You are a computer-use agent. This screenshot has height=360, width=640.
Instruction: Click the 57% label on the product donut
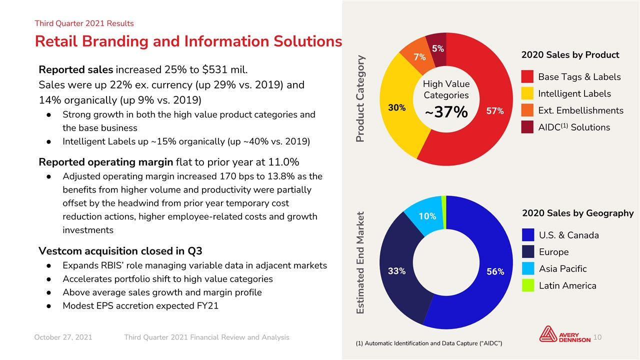[x=495, y=111]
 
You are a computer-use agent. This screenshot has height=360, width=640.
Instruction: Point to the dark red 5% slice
[x=437, y=48]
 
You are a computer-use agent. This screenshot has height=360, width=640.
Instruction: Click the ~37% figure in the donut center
[x=446, y=111]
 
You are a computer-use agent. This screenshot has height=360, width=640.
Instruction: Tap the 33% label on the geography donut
[x=396, y=271]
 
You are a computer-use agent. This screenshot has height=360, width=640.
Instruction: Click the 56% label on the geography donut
[x=495, y=271]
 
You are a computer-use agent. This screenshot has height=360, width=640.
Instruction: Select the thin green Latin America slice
[x=444, y=212]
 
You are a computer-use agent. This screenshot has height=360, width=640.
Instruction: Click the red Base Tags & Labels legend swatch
[x=527, y=76]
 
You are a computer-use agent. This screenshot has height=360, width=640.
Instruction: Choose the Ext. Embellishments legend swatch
[x=527, y=110]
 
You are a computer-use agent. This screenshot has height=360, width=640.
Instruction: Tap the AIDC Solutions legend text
[x=574, y=127]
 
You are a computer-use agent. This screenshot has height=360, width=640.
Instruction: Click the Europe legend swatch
[x=528, y=251]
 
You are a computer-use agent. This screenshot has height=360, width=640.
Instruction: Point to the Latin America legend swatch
[x=528, y=285]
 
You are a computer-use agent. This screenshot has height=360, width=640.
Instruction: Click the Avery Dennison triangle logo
[x=547, y=334]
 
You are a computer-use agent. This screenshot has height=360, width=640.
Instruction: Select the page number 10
[x=597, y=337]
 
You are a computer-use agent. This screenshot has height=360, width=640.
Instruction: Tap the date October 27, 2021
[x=63, y=337]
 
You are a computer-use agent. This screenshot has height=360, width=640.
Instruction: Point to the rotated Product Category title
[x=360, y=99]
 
